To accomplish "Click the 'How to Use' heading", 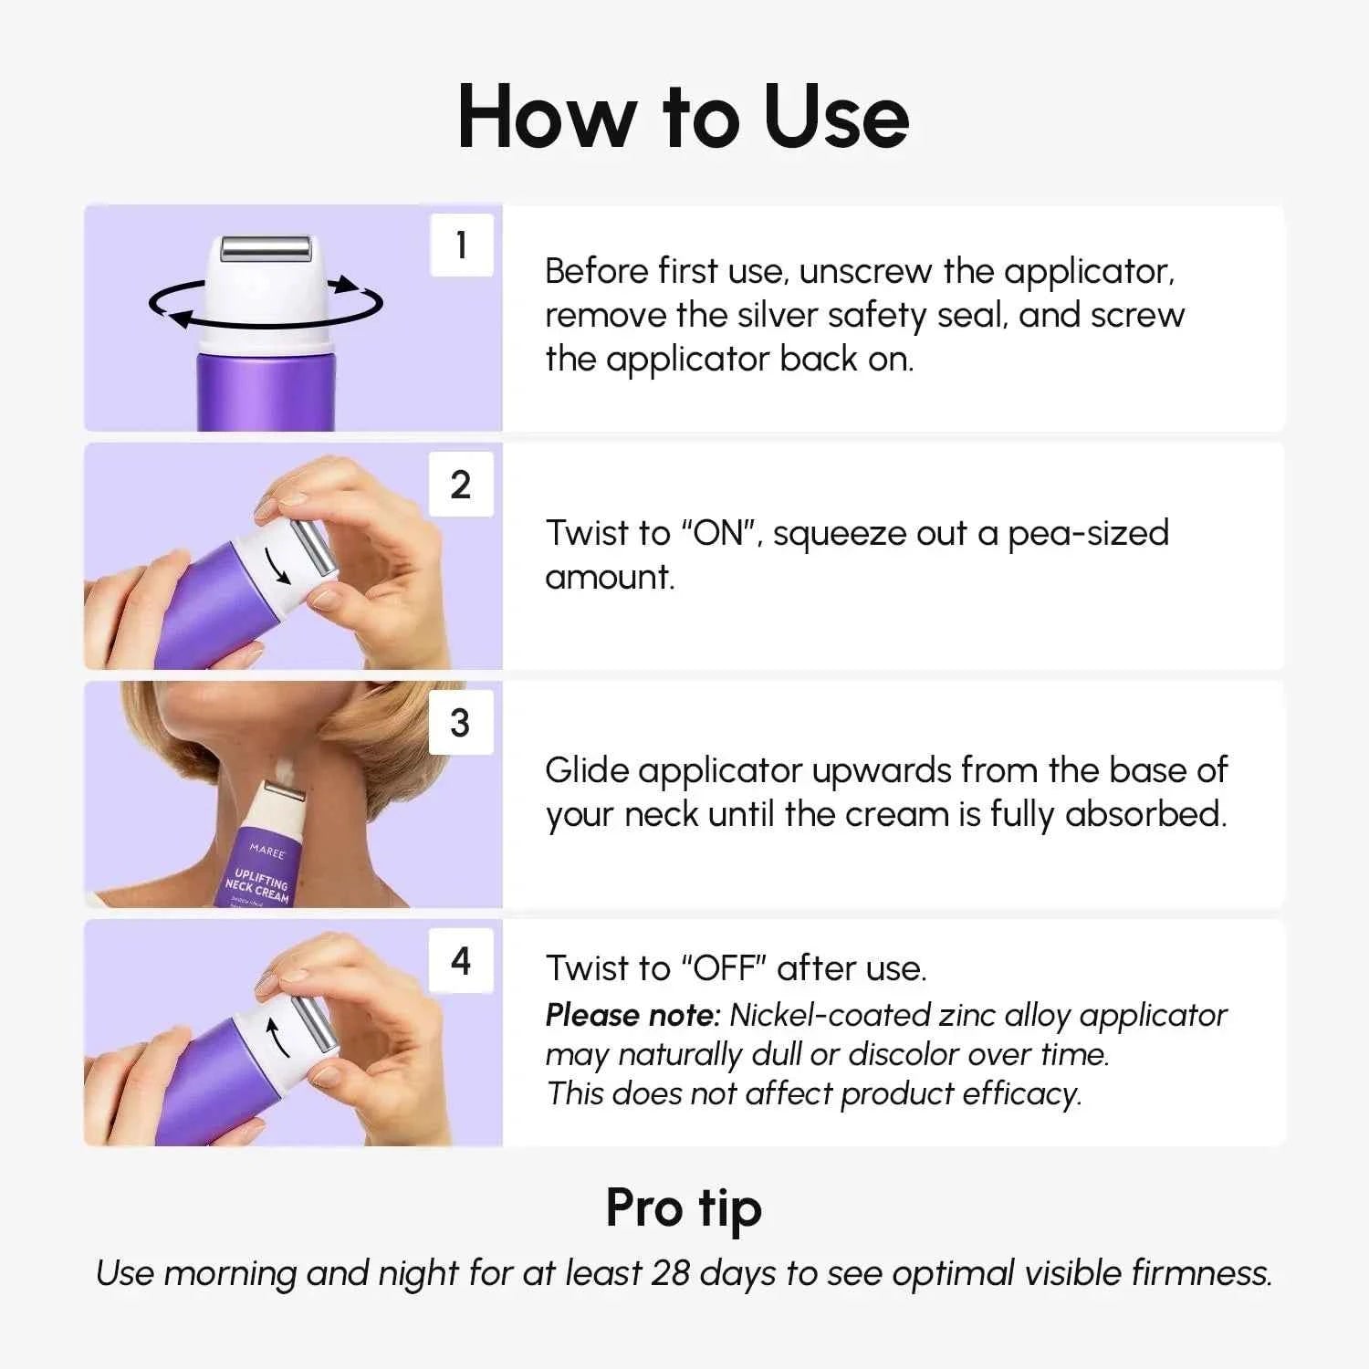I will [x=683, y=117].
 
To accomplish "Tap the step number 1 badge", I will [x=461, y=245].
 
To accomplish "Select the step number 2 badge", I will [x=461, y=484].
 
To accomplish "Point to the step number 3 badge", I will [x=461, y=722].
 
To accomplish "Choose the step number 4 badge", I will [x=461, y=960].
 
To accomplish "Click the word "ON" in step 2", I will [x=720, y=533].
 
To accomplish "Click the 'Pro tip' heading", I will [x=683, y=1208].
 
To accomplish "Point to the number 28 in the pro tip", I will [x=670, y=1273].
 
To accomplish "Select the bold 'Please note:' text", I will [x=632, y=1015].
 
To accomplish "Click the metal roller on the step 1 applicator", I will [x=266, y=246].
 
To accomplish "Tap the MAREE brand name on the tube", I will [x=266, y=851].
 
